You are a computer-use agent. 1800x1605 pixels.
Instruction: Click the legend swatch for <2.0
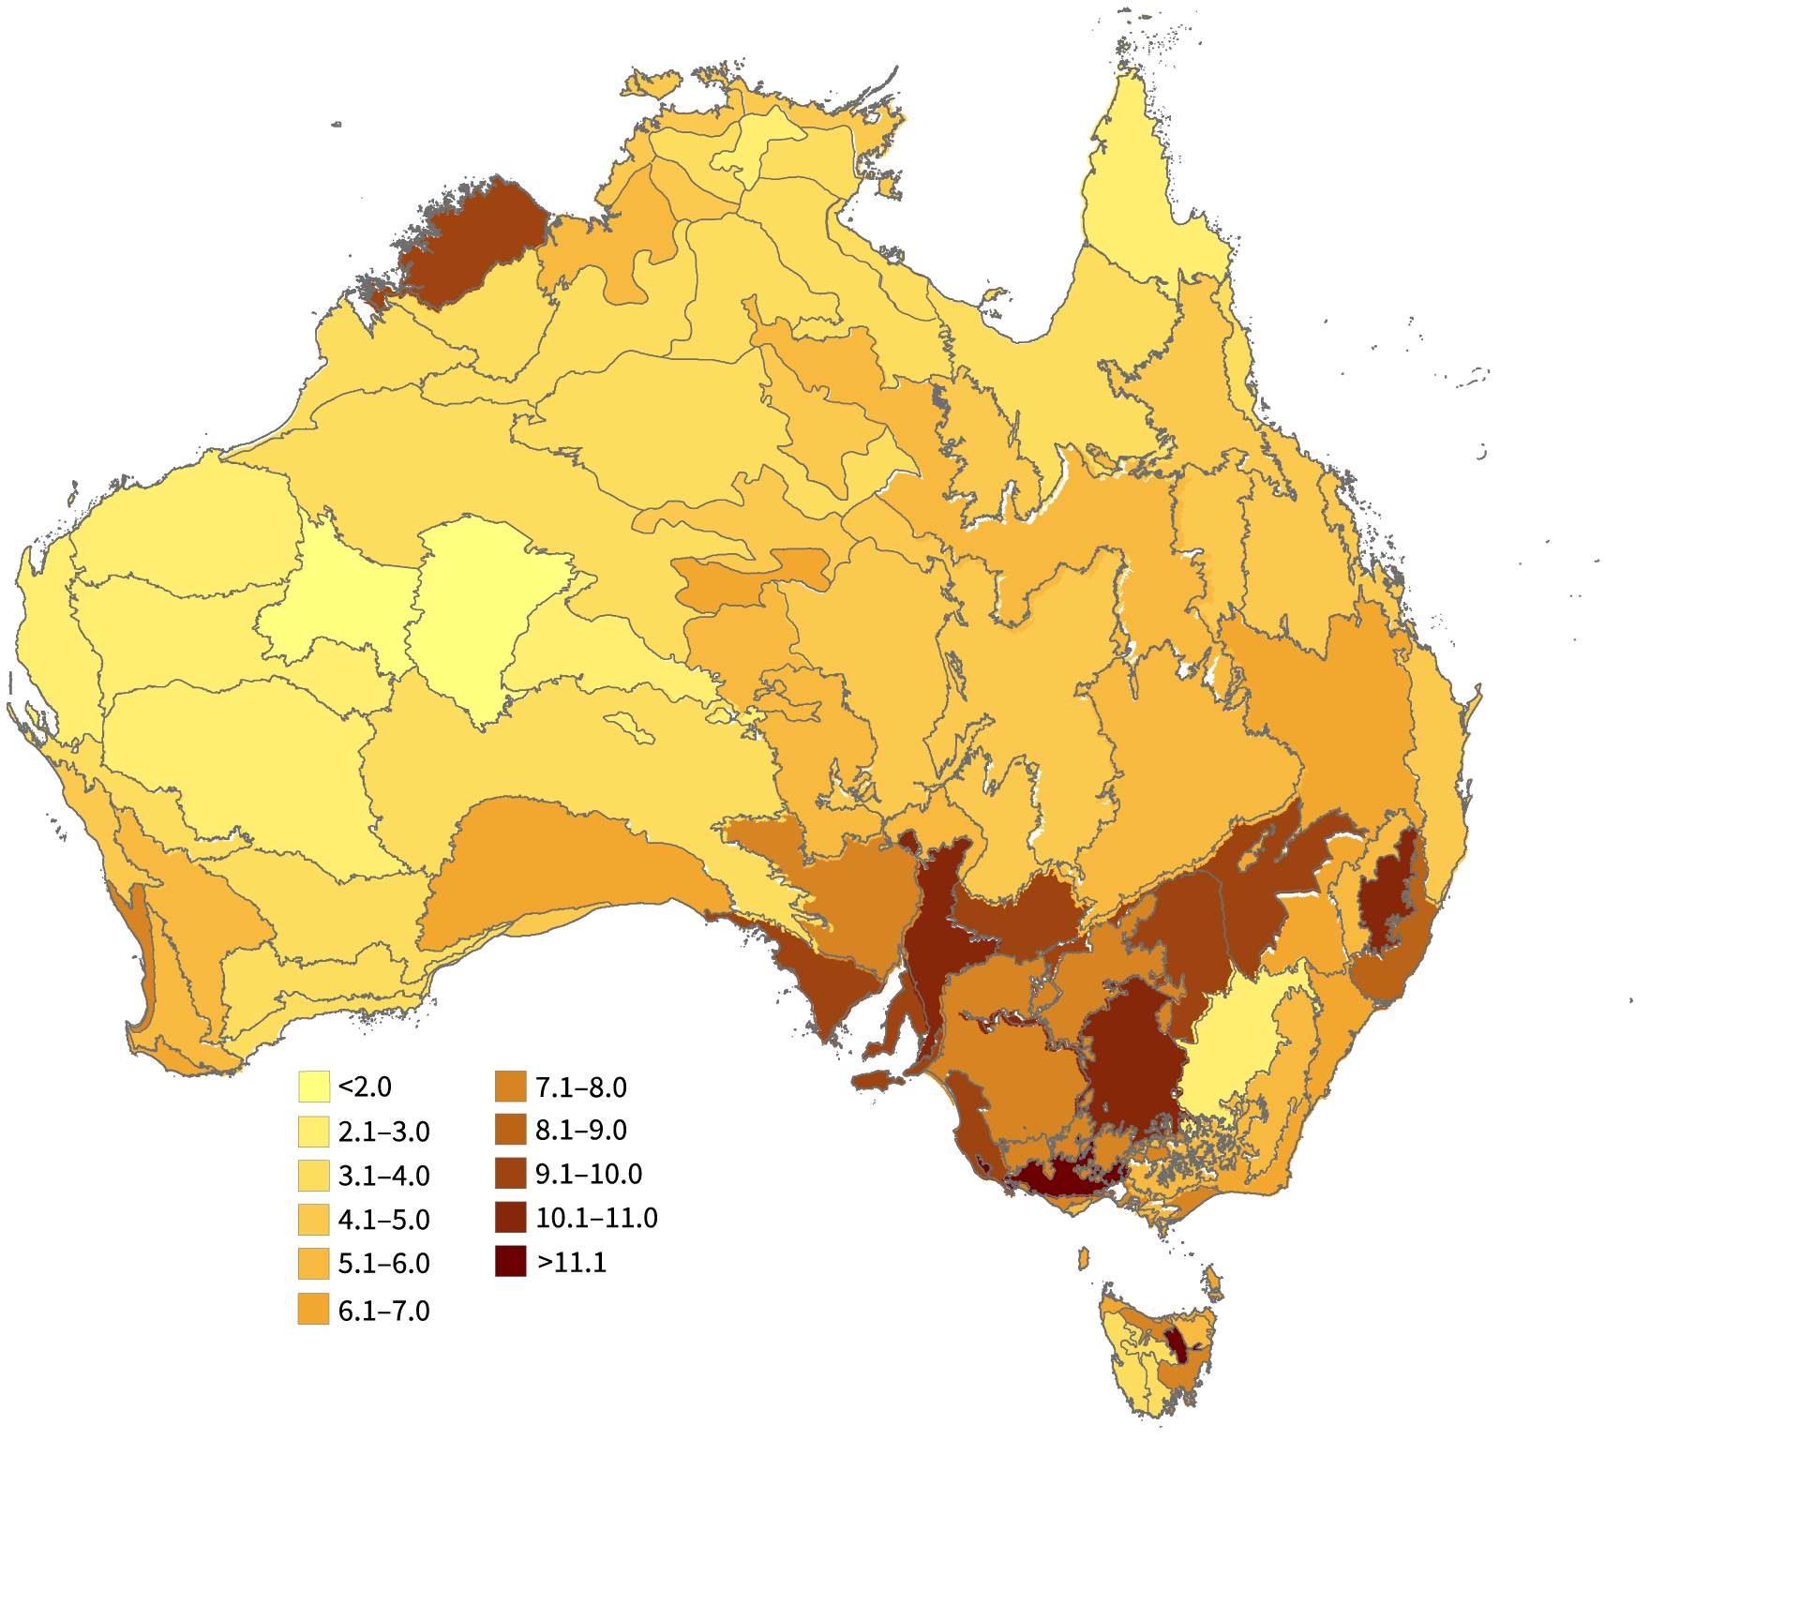[x=314, y=1087]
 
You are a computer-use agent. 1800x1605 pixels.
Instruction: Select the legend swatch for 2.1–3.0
[x=314, y=1132]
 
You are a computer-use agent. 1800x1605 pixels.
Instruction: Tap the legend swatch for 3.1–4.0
[x=314, y=1176]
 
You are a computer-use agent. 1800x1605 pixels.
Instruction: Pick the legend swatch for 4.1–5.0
[x=314, y=1220]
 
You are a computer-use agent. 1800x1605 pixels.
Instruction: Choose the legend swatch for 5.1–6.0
[x=314, y=1264]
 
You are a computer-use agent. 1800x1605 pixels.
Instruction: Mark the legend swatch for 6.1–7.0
[x=314, y=1309]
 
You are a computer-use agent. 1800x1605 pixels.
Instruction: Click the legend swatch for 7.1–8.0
[x=511, y=1087]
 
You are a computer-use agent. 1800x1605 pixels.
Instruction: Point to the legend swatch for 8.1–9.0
[x=511, y=1130]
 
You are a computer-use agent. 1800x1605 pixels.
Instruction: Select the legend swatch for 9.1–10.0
[x=511, y=1174]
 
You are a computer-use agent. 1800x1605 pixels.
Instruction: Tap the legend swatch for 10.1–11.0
[x=511, y=1218]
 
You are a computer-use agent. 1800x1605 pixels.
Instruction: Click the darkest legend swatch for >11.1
[x=511, y=1262]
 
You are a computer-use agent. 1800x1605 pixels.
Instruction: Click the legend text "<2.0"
[x=365, y=1087]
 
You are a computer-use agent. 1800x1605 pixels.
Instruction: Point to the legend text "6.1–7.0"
[x=383, y=1311]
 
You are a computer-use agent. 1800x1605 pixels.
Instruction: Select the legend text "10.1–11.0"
[x=596, y=1218]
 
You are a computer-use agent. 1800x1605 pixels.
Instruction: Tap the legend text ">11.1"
[x=572, y=1262]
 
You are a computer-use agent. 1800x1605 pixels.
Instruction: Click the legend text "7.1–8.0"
[x=580, y=1087]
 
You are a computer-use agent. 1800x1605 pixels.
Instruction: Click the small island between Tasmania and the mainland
[x=1084, y=1257]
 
